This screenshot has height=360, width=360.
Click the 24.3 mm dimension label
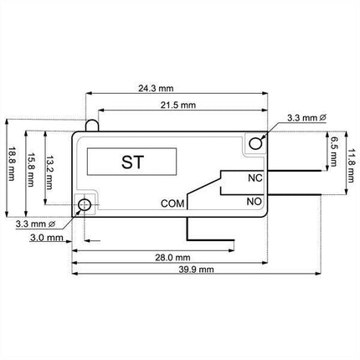(x=156, y=89)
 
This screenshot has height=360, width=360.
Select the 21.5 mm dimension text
(x=178, y=105)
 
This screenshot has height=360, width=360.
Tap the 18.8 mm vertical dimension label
(x=12, y=164)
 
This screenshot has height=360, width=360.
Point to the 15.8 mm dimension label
(x=30, y=170)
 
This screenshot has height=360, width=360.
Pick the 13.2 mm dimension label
(x=49, y=172)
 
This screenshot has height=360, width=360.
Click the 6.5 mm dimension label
(x=332, y=152)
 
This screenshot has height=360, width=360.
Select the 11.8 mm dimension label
(x=351, y=166)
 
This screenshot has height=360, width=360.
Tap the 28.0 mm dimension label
(x=172, y=258)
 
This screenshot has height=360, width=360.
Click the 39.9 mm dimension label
(x=196, y=270)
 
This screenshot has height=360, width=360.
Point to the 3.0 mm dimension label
(x=47, y=238)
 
